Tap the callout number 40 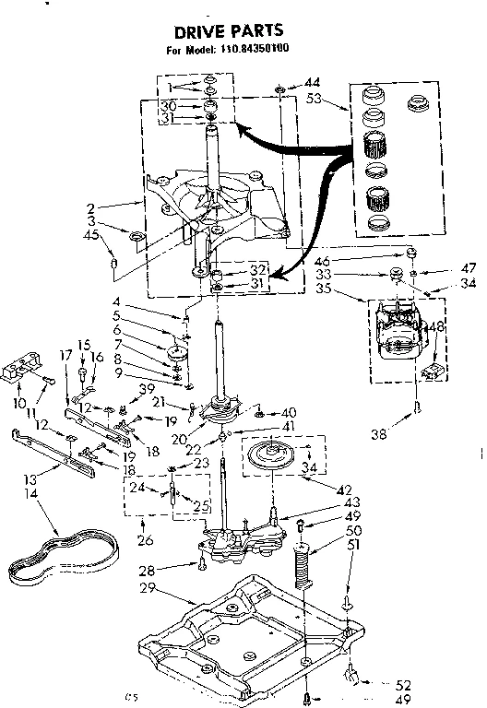pos(289,412)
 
